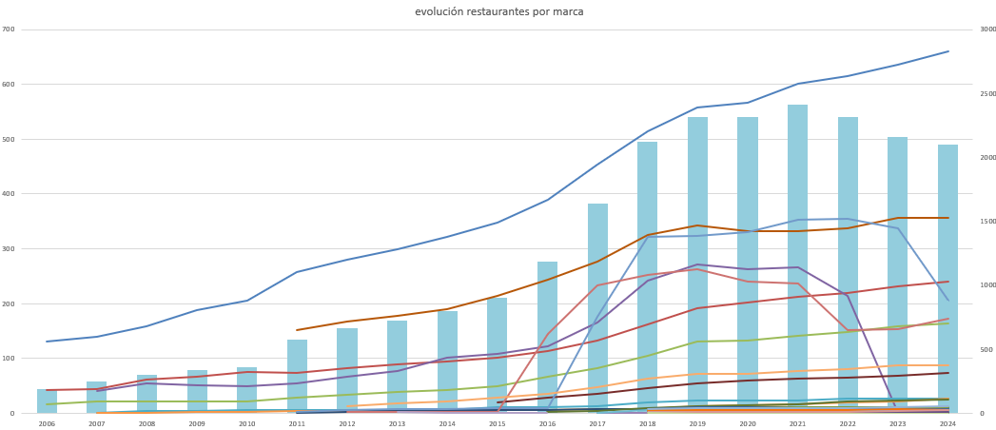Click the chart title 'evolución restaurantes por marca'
click(498, 12)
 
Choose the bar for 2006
click(47, 402)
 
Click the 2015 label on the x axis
click(498, 423)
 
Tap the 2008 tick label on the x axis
click(146, 423)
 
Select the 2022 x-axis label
click(848, 423)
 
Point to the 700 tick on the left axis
click(9, 29)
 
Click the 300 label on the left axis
click(9, 249)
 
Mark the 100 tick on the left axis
click(9, 359)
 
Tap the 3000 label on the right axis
click(987, 29)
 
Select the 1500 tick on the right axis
click(987, 222)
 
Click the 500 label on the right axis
click(986, 350)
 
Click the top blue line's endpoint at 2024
click(947, 51)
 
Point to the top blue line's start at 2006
click(47, 342)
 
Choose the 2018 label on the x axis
click(648, 423)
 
